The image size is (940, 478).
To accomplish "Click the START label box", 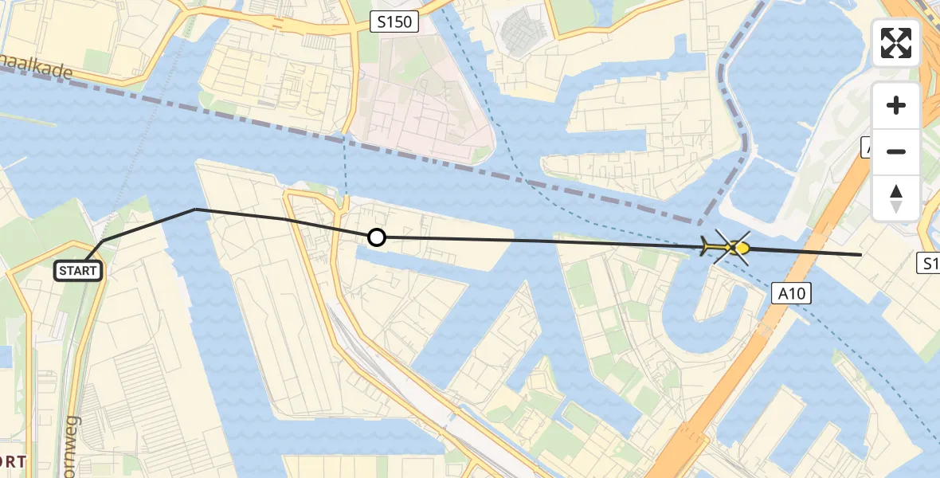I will (x=78, y=271).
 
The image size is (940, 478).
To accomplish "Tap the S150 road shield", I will (x=395, y=22).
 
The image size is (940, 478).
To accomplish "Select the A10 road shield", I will (x=793, y=294).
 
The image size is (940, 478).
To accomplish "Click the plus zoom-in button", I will (x=896, y=105).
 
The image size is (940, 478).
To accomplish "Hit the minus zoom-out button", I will (x=896, y=151).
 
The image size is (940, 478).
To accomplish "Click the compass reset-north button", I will (x=896, y=198).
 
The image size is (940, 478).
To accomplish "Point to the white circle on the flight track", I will (x=376, y=237).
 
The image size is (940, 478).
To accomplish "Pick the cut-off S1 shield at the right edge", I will (x=930, y=263).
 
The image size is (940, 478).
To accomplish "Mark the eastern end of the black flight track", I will (x=861, y=254).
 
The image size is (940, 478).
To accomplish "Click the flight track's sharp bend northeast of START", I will (x=196, y=210).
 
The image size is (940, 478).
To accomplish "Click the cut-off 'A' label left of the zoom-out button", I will (x=867, y=147).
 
